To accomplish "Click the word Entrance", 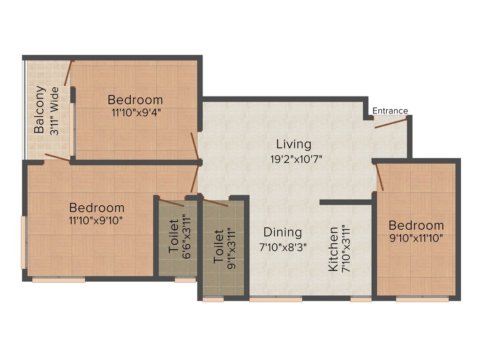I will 390,111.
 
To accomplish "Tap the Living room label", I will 293,143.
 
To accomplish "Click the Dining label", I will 282,232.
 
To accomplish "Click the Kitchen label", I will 333,249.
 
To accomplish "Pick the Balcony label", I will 40,110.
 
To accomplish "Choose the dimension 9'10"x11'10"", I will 416,238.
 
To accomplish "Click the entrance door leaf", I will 390,123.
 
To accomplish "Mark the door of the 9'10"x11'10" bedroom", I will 380,177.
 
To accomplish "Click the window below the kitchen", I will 361,299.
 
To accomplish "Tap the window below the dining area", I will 276,299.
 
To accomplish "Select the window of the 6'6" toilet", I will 185,280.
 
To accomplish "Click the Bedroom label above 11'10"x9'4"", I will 135,100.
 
